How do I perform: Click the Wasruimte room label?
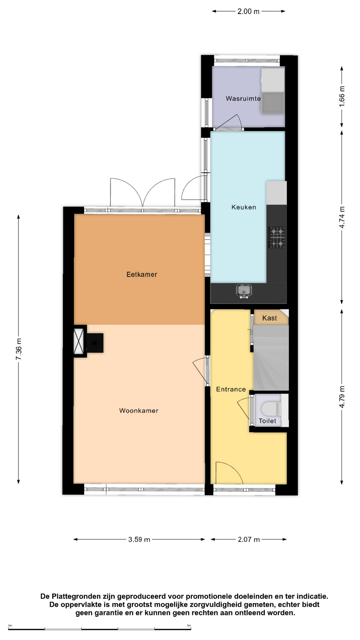pyautogui.click(x=243, y=98)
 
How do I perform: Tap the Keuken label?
pyautogui.click(x=244, y=207)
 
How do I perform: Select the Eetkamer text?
pyautogui.click(x=142, y=274)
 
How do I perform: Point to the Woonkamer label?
pyautogui.click(x=139, y=411)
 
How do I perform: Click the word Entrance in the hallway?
pyautogui.click(x=231, y=389)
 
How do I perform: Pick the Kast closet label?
pyautogui.click(x=269, y=318)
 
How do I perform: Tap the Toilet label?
pyautogui.click(x=267, y=421)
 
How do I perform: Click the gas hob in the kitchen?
pyautogui.click(x=277, y=237)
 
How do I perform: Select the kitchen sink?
pyautogui.click(x=244, y=291)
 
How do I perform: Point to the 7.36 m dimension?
pyautogui.click(x=19, y=349)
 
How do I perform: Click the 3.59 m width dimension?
pyautogui.click(x=139, y=539)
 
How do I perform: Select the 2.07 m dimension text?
pyautogui.click(x=249, y=539)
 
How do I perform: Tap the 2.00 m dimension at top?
pyautogui.click(x=248, y=11)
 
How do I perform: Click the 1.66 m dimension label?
pyautogui.click(x=342, y=96)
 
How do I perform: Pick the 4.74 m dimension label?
pyautogui.click(x=342, y=217)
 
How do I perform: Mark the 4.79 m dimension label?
pyautogui.click(x=342, y=397)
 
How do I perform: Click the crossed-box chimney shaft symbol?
pyautogui.click(x=79, y=341)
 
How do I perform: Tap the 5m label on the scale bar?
pyautogui.click(x=189, y=626)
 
